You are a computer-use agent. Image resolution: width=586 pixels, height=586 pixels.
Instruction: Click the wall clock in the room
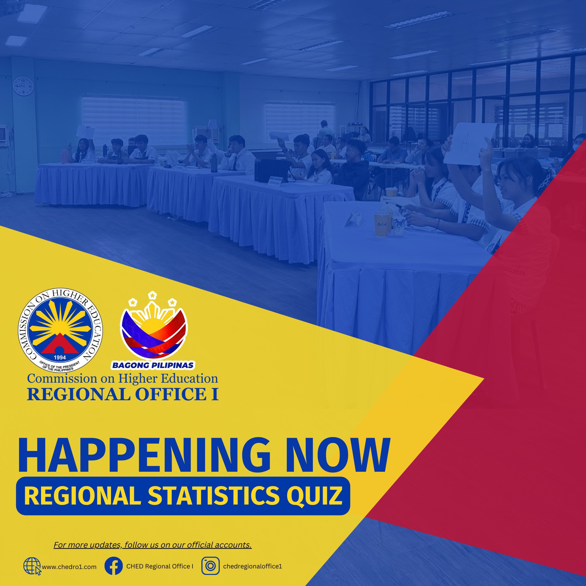coord(23,86)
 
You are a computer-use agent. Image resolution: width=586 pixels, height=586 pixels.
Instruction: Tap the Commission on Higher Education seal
coord(60,330)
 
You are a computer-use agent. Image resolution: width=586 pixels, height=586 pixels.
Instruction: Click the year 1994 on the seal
coord(60,357)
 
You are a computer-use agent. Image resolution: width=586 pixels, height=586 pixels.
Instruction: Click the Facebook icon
coord(113,566)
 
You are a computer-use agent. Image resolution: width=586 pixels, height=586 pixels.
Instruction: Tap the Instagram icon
coord(210,566)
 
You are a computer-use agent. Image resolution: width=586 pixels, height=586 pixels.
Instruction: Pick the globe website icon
coord(32,566)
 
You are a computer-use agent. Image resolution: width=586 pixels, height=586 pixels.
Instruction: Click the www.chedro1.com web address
coord(69,567)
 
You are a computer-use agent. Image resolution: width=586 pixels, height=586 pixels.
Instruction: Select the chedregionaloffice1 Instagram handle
coord(253,566)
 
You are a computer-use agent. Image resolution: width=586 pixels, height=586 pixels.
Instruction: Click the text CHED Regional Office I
coord(160,566)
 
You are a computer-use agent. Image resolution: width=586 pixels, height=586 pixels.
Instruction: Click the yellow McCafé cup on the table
coord(381,224)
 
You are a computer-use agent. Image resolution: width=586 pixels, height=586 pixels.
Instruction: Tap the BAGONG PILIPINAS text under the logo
coord(153,365)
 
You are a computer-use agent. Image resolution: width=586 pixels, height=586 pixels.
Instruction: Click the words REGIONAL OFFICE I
coord(123,394)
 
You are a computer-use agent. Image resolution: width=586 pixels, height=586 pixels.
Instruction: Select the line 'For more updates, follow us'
coord(153,545)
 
